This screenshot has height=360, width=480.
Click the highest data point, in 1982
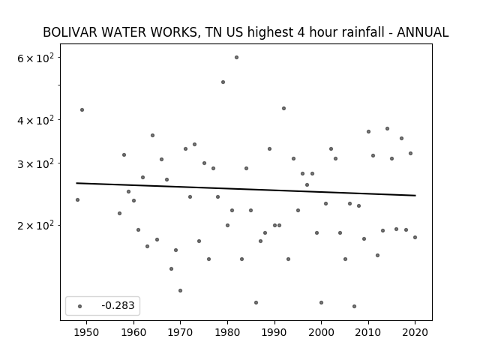point(237,57)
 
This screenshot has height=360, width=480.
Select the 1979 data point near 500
point(223,82)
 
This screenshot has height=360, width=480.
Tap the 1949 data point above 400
point(82,110)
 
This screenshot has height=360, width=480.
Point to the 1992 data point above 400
point(283,108)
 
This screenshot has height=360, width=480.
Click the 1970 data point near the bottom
point(180,290)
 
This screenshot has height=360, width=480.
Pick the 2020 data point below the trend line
point(415,237)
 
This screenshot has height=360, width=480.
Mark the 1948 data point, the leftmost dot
point(77,200)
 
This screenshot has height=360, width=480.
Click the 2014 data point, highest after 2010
point(387,128)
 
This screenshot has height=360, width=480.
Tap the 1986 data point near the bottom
point(256,302)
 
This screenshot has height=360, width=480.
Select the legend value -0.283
point(118,305)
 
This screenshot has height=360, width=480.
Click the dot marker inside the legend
point(80,306)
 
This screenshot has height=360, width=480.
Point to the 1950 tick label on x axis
point(87,332)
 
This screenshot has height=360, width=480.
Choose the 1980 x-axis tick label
point(227,332)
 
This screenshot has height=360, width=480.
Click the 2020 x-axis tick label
point(415,332)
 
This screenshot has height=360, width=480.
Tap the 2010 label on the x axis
point(368,332)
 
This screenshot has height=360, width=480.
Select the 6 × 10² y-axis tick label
point(35,58)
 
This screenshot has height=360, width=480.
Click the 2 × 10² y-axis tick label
point(35,225)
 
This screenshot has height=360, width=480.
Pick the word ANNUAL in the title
point(422,32)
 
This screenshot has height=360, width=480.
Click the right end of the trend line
point(415,195)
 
